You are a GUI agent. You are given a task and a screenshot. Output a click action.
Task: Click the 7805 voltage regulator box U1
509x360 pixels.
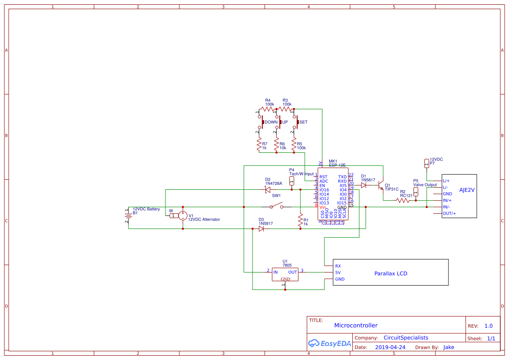click(285, 274)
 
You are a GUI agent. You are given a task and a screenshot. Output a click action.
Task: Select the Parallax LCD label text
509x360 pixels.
click(391, 273)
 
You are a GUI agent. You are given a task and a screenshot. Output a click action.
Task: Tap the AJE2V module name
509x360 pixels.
click(467, 190)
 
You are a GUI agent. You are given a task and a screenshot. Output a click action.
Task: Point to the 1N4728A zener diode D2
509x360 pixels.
click(268, 190)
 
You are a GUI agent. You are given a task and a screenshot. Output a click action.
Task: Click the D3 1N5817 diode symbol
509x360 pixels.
click(261, 229)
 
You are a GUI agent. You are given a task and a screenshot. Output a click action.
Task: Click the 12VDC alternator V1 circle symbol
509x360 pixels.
click(183, 215)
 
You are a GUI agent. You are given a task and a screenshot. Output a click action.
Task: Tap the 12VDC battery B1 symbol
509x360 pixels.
click(128, 215)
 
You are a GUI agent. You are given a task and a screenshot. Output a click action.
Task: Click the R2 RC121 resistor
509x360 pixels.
click(403, 200)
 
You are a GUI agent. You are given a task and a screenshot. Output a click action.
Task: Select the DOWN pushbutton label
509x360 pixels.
click(271, 122)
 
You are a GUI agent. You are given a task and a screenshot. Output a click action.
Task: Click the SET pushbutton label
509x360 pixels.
click(303, 122)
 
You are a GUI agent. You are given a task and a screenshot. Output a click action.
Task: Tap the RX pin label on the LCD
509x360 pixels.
click(338, 266)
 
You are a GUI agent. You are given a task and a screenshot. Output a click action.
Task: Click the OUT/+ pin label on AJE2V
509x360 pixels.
click(449, 213)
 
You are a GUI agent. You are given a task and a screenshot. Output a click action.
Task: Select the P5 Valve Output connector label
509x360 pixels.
click(425, 185)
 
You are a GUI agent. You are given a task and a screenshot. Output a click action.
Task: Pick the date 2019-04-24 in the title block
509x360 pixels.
click(390, 347)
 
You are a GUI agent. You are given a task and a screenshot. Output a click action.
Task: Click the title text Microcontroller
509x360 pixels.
click(356, 325)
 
